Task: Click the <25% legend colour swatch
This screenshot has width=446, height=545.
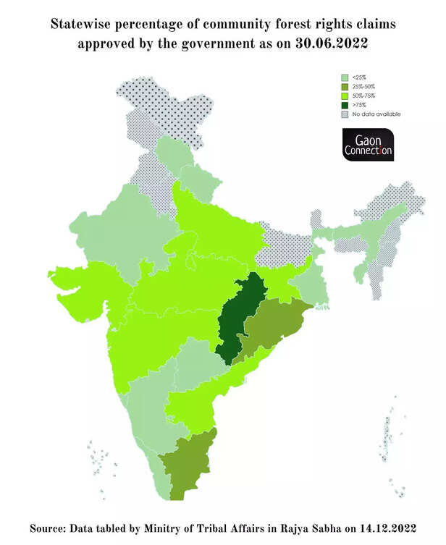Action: pos(346,77)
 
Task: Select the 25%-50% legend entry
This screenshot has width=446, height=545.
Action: pos(363,86)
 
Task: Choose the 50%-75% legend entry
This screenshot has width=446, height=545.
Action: pos(363,96)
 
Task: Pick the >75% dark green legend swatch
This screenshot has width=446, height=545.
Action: pos(346,105)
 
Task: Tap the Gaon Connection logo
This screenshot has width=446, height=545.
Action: pos(368,145)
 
